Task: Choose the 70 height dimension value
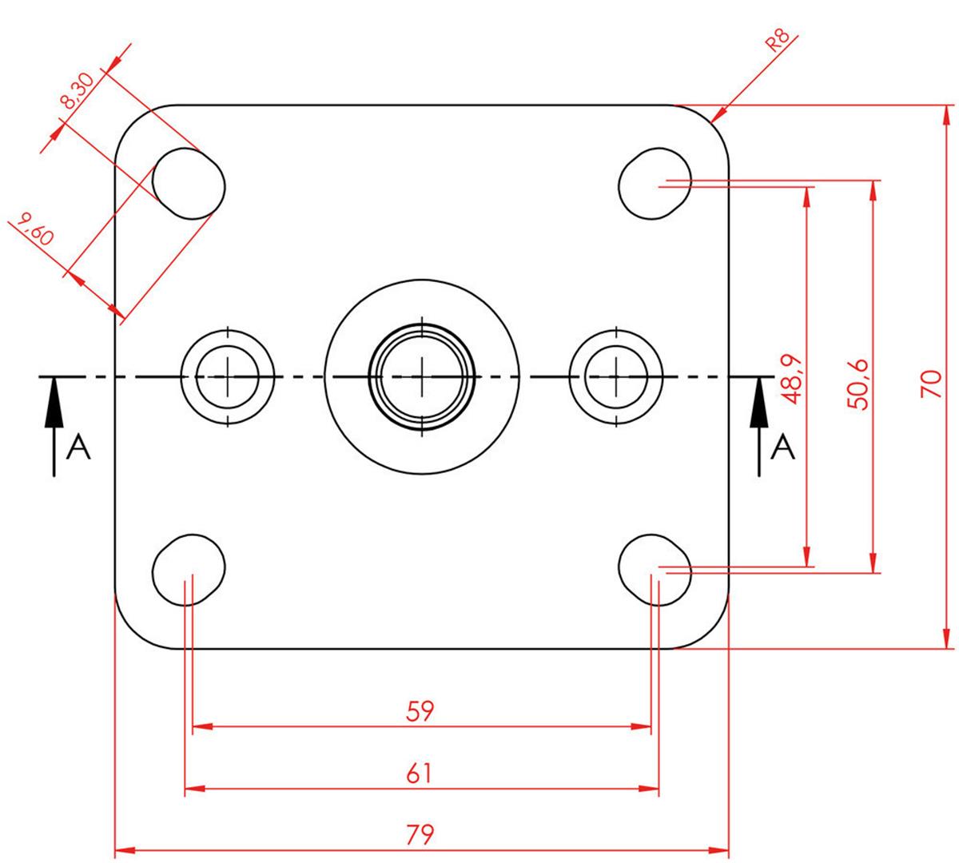click(x=929, y=383)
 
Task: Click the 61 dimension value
click(x=420, y=774)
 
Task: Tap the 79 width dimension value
click(x=420, y=835)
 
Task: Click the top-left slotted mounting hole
click(x=189, y=182)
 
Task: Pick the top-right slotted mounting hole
click(x=655, y=182)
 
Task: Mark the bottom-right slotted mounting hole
click(x=655, y=569)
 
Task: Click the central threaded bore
click(x=421, y=376)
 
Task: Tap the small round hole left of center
click(x=228, y=376)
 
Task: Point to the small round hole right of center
click(x=616, y=376)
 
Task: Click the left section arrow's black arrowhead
click(x=54, y=400)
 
